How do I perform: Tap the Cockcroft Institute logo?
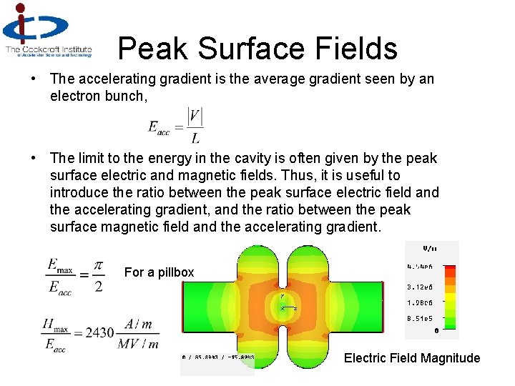point(47,30)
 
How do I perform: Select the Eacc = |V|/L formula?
point(176,126)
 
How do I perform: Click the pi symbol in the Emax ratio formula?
point(98,266)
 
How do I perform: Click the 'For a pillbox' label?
point(159,272)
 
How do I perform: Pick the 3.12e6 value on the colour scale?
point(421,287)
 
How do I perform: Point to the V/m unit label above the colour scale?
point(430,249)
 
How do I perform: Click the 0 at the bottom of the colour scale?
point(436,330)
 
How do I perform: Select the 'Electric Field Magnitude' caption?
point(412,358)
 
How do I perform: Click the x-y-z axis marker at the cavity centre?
point(284,303)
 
